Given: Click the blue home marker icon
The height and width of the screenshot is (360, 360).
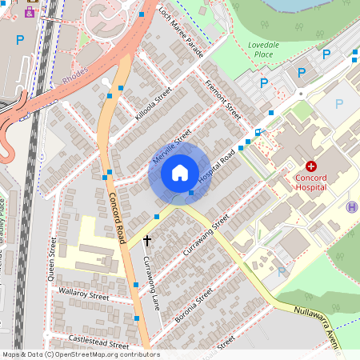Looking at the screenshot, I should [x=179, y=172].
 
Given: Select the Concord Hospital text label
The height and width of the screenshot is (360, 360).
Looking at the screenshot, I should [x=311, y=181].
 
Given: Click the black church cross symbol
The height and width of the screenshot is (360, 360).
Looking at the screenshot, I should [x=147, y=239].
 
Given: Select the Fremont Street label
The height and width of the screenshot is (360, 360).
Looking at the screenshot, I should [x=223, y=99].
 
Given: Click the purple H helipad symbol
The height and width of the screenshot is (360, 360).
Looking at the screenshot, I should [x=351, y=206].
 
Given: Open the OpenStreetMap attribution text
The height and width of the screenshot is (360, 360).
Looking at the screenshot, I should [x=80, y=354].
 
